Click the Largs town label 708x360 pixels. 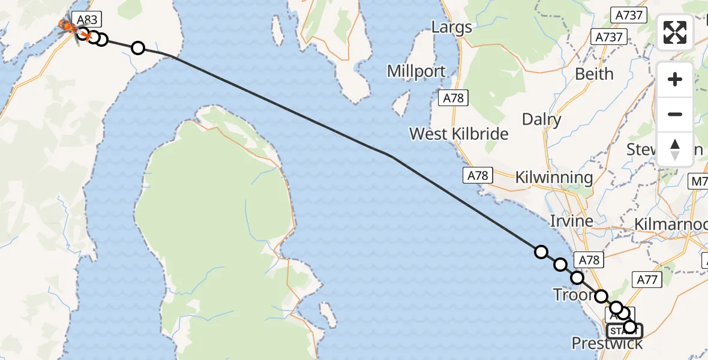click(452, 28)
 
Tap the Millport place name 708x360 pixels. click(416, 71)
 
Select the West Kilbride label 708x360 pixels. click(459, 134)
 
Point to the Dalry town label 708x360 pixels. click(541, 119)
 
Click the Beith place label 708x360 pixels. click(594, 74)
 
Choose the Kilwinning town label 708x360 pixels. click(554, 178)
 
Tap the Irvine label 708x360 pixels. click(572, 221)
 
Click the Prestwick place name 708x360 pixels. click(607, 343)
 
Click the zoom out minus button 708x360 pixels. click(675, 114)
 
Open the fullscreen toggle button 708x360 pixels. click(675, 32)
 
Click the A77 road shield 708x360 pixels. click(647, 279)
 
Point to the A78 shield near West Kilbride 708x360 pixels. click(477, 175)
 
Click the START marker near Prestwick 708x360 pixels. click(624, 331)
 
